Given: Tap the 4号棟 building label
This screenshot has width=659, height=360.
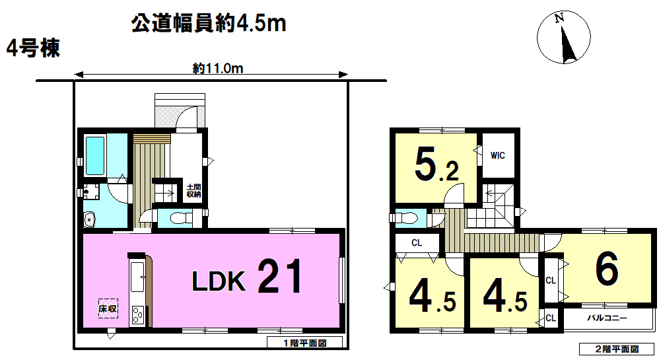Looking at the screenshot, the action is (x=33, y=48).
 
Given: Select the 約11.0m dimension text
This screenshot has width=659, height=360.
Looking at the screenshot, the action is (x=218, y=68).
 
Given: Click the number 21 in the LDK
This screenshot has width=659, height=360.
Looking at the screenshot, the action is (x=280, y=276).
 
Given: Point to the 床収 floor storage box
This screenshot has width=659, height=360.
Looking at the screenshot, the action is (x=108, y=308).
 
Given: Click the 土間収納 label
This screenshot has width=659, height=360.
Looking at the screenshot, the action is (x=193, y=190).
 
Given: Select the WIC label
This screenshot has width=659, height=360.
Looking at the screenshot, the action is (x=498, y=156).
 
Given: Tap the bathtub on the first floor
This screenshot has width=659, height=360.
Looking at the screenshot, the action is (x=95, y=156).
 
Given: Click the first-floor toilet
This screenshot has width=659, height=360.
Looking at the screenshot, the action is (x=180, y=218).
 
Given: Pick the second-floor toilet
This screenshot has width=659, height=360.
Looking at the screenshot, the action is (x=405, y=218).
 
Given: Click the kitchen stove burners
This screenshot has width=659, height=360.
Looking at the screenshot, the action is (x=137, y=314).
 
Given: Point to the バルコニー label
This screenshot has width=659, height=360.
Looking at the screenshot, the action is (x=607, y=318).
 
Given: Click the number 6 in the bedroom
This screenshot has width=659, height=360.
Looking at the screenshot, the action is (x=607, y=268).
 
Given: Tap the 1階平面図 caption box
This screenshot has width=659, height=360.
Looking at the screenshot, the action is (x=304, y=343).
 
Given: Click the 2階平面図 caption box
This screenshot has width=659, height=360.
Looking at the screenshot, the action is (x=617, y=349).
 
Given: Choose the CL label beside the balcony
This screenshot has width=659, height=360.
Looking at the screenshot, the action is (x=551, y=318).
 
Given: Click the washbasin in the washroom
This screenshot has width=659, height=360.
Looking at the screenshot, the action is (x=90, y=219).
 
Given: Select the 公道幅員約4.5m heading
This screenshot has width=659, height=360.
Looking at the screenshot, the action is (x=209, y=23).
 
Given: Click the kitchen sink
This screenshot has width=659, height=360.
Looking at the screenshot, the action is (x=137, y=277).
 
